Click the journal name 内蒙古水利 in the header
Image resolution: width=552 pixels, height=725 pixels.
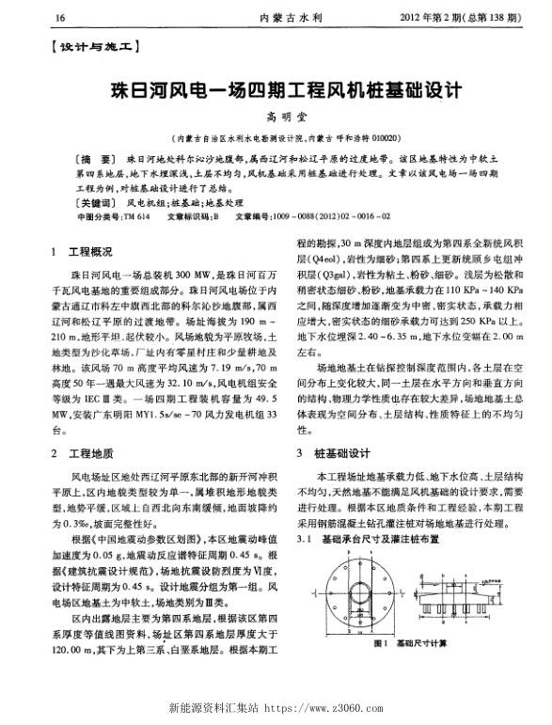[x=281, y=18]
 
